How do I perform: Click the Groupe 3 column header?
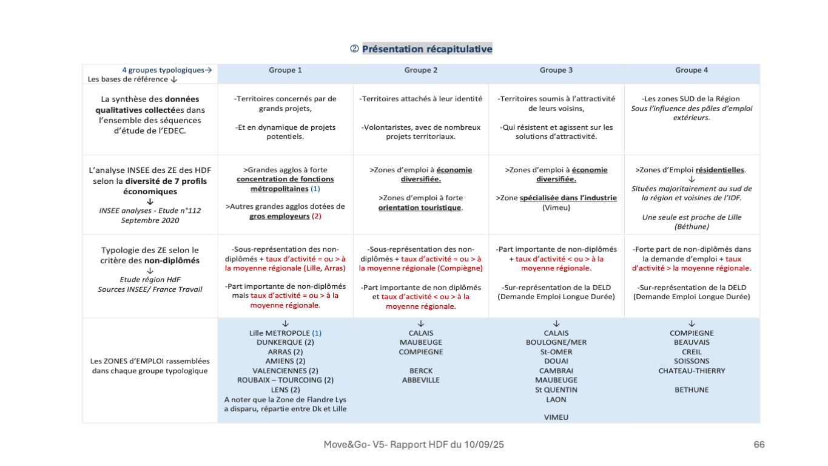(556, 70)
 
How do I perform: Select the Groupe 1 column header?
(285, 70)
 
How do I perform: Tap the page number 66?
(759, 445)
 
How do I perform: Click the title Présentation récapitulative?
(427, 49)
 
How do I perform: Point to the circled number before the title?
(355, 49)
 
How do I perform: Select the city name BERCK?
(421, 371)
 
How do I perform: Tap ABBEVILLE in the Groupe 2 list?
(421, 380)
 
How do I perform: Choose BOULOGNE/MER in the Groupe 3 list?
(556, 342)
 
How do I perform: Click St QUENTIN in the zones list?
(556, 390)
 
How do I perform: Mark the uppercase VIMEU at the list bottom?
(556, 417)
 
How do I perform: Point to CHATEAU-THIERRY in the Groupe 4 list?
(692, 371)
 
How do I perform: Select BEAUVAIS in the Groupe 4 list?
(692, 342)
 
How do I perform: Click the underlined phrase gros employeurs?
(279, 216)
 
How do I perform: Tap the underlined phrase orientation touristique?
(419, 208)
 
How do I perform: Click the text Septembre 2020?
(150, 220)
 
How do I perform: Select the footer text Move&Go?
(342, 445)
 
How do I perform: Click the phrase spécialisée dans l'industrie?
(568, 198)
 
